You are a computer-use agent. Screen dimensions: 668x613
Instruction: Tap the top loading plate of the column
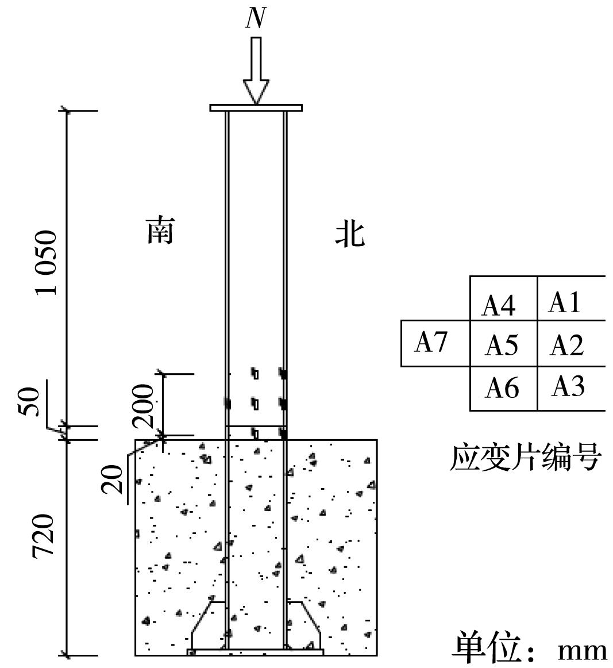pyautogui.click(x=256, y=108)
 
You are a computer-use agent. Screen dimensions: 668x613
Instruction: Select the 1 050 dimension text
pyautogui.click(x=47, y=263)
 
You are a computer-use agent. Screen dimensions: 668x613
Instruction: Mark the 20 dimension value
pyautogui.click(x=113, y=479)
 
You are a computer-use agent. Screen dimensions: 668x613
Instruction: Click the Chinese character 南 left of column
pyautogui.click(x=160, y=231)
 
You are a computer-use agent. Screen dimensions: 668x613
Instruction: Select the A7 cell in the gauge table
pyautogui.click(x=431, y=343)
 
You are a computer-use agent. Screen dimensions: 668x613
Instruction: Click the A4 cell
pyautogui.click(x=499, y=305)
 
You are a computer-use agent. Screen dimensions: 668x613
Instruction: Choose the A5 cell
pyautogui.click(x=502, y=345)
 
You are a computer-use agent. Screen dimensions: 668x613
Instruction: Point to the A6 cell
pyautogui.click(x=502, y=389)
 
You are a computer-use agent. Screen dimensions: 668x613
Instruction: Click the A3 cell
pyautogui.click(x=568, y=387)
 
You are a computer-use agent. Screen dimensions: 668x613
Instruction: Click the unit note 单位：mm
pyautogui.click(x=529, y=648)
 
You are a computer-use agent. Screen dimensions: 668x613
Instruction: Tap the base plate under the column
pyautogui.click(x=256, y=652)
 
